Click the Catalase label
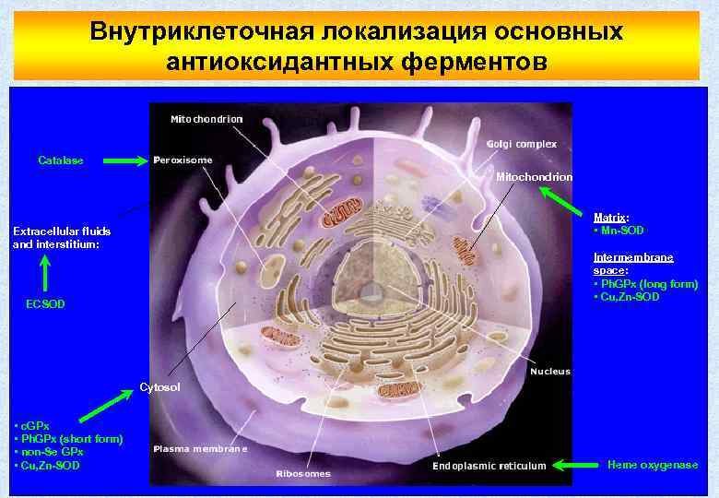[x=60, y=160]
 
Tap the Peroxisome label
[x=183, y=160]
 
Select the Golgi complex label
[x=521, y=144]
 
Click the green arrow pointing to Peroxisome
[x=124, y=160]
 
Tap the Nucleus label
[x=550, y=372]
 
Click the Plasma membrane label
[x=201, y=448]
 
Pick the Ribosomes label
[x=303, y=474]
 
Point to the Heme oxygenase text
[x=652, y=465]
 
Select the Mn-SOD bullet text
[x=620, y=230]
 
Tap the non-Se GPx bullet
[x=52, y=452]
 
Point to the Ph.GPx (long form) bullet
[x=647, y=284]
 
